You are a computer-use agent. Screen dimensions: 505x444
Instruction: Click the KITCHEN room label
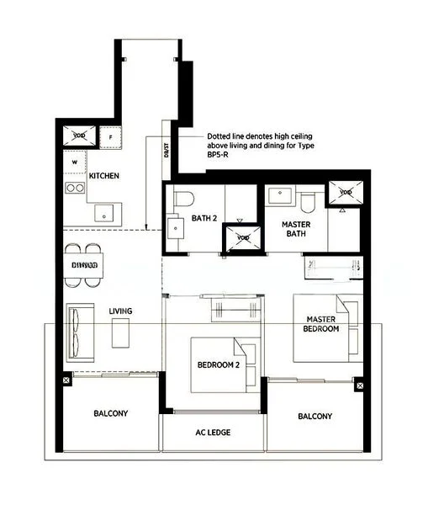pyautogui.click(x=105, y=176)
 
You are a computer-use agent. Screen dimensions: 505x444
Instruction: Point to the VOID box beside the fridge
pyautogui.click(x=78, y=136)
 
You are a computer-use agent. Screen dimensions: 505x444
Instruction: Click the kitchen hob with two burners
pyautogui.click(x=75, y=188)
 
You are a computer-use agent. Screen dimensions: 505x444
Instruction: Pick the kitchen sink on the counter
pyautogui.click(x=105, y=212)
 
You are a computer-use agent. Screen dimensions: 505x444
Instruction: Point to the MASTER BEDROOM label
pyautogui.click(x=321, y=324)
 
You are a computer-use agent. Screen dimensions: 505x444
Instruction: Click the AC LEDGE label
pyautogui.click(x=213, y=433)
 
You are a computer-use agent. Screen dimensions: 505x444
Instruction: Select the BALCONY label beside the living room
pyautogui.click(x=110, y=413)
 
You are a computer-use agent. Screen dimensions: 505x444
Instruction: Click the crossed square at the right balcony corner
pyautogui.click(x=361, y=385)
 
